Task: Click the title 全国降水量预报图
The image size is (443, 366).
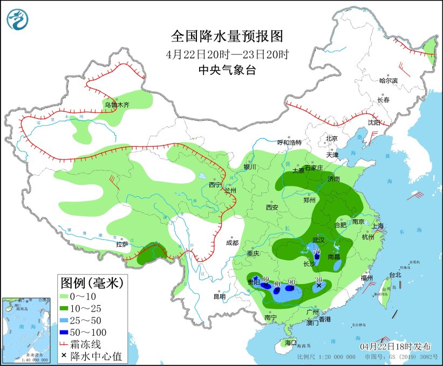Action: pos(227,36)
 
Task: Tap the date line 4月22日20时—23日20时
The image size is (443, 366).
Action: pos(227,54)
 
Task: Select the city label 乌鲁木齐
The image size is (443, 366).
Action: pos(117,105)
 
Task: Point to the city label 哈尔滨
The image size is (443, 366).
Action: pos(388,81)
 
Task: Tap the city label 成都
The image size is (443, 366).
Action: pos(232,243)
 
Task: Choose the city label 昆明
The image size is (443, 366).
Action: pos(219,296)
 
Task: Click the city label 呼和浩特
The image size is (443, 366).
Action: pos(289,142)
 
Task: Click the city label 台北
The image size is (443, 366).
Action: pos(395,274)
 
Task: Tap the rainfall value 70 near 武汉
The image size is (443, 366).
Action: pos(317,251)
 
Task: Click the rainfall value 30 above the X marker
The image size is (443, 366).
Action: pos(319,280)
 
